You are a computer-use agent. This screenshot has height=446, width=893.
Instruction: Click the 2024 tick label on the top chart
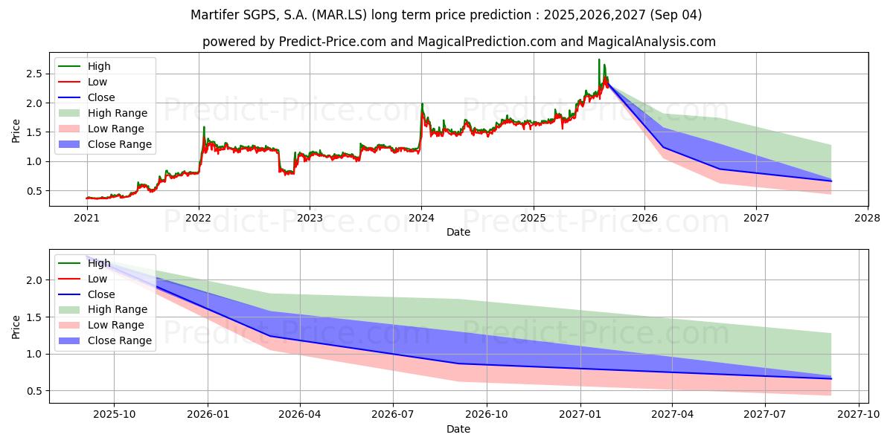point(421,218)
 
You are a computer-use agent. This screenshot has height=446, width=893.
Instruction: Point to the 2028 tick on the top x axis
point(868,218)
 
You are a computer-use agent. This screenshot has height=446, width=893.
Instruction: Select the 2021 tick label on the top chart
point(86,218)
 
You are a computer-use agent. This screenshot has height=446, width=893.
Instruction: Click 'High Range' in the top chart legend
point(117,113)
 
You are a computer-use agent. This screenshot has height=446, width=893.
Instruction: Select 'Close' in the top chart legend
point(101,97)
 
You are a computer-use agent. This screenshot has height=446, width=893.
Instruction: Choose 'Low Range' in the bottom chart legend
point(115,325)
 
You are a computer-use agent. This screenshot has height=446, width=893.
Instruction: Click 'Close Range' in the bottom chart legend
point(119,340)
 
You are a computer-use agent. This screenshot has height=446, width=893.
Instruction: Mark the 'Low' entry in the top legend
point(97,82)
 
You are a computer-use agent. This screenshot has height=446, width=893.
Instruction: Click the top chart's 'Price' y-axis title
point(16,129)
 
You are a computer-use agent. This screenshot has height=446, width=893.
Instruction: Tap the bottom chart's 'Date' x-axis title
point(458,429)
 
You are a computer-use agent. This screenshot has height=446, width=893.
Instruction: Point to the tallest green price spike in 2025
point(599,60)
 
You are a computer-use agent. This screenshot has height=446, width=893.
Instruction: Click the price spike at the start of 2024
point(422,105)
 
